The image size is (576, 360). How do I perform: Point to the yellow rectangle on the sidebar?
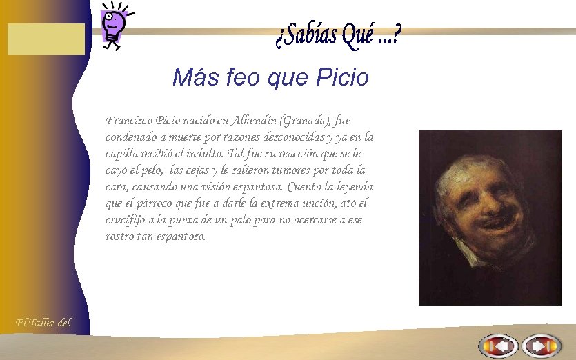(x=46, y=39)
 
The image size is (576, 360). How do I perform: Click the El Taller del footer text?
(x=43, y=322)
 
